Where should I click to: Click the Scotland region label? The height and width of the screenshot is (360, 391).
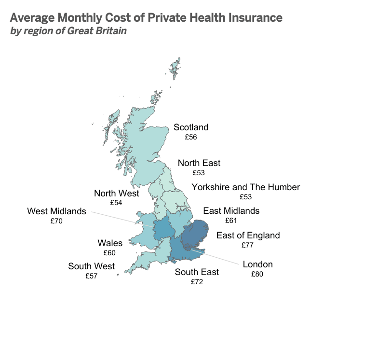pos(191,127)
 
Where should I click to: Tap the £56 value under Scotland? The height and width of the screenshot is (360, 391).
pos(191,137)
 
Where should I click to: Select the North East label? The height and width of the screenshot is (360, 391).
pos(199,163)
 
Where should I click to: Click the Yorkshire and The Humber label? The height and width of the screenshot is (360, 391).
pos(245,187)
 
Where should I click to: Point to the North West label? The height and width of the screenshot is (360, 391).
pos(116,194)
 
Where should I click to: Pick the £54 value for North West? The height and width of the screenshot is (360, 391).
pos(116,203)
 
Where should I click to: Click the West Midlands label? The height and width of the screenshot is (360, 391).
pos(56,211)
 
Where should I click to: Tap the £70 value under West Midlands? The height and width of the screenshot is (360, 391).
pos(56,221)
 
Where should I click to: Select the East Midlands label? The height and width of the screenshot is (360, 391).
pos(231,211)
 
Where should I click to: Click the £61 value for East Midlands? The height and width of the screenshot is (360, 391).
pos(231,221)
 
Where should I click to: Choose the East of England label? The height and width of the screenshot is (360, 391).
pos(248,235)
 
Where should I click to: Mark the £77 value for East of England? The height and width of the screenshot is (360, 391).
pos(248,245)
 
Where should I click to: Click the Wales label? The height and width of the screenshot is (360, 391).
pos(110,243)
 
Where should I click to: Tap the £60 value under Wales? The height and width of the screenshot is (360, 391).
pos(110,252)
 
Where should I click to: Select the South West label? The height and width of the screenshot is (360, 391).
pos(91,266)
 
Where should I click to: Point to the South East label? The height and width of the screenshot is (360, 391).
pos(197,272)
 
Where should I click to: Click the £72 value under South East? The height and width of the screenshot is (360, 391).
pos(197,282)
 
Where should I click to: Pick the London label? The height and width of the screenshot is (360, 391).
pos(257,264)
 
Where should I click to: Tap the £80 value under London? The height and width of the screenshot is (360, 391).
pos(257,274)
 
